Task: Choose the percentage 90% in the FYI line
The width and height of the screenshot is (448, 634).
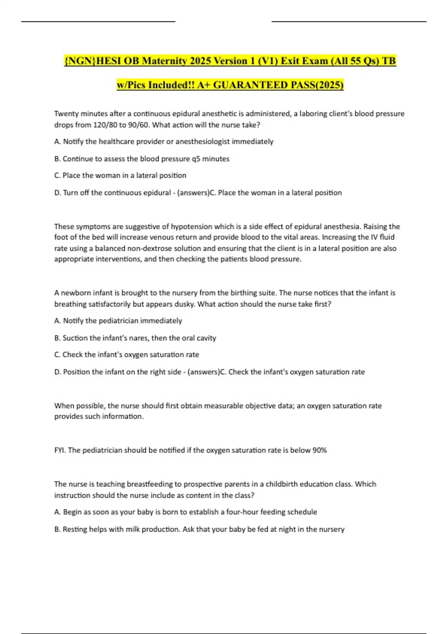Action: tap(320, 450)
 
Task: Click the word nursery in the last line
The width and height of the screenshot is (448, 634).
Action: tap(332, 529)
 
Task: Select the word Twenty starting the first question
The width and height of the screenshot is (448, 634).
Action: tap(66, 114)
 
